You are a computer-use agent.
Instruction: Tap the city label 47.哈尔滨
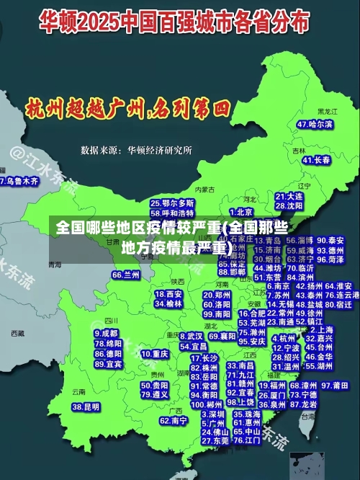(x=315, y=125)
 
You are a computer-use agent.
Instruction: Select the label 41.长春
(x=317, y=160)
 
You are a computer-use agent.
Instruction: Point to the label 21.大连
(x=289, y=196)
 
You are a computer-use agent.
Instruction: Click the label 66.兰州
(x=126, y=275)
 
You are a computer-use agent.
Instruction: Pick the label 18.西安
(x=168, y=294)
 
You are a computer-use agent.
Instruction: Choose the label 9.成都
(x=106, y=334)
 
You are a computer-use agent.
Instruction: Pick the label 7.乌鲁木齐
(x=19, y=181)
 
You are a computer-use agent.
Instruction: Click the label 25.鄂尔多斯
(x=172, y=204)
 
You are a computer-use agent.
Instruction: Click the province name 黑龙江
(x=328, y=112)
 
